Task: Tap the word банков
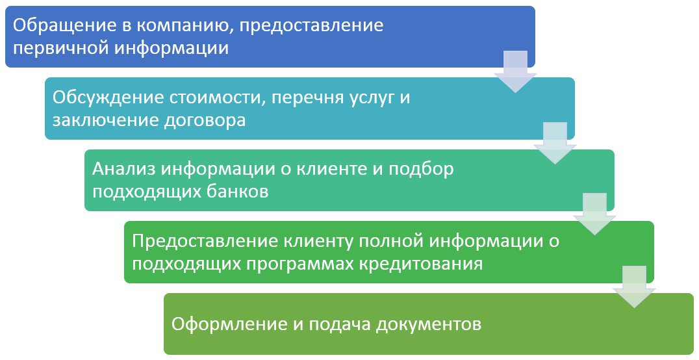click(238, 192)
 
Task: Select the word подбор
click(421, 170)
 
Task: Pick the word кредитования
click(421, 264)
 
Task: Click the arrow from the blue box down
click(515, 71)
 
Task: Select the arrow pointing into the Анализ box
click(555, 143)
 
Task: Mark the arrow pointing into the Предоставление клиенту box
click(594, 214)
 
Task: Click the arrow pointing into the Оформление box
click(634, 287)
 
